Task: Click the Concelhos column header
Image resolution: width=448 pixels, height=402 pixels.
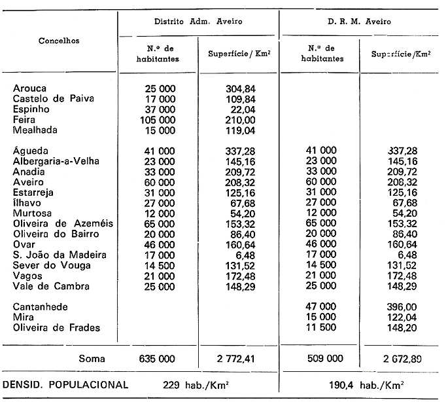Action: (59, 41)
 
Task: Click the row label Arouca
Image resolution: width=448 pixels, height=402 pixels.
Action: (30, 88)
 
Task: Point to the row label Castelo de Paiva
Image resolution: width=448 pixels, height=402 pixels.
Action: (54, 99)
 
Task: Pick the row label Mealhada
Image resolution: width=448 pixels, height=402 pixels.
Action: (35, 130)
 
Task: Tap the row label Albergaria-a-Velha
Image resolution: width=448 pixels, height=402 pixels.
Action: (60, 161)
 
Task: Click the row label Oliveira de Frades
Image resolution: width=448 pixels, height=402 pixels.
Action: (58, 327)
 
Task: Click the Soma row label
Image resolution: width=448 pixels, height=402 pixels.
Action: (92, 359)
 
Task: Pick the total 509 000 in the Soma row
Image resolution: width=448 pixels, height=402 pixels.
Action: (320, 359)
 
